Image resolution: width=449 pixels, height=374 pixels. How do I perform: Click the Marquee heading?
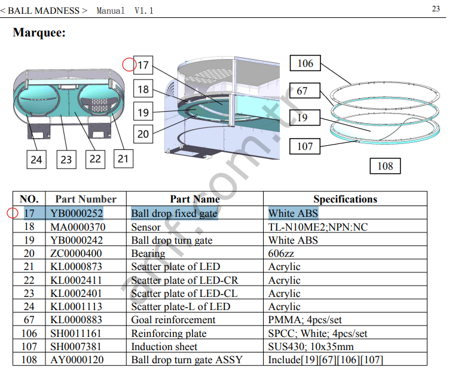point(39,33)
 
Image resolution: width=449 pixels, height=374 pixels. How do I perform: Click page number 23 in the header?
point(435,8)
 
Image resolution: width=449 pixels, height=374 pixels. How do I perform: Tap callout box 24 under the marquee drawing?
point(36,160)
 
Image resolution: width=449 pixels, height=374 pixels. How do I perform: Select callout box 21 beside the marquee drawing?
point(123,158)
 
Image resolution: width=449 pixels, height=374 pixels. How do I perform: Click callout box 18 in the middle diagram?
point(143,90)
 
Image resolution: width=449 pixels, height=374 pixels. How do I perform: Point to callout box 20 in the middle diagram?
point(143,134)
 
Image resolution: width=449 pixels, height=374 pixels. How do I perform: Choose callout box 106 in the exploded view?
point(305,64)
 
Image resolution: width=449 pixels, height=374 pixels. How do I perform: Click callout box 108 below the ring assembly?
point(385,165)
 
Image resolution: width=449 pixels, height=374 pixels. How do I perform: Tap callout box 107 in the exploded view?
point(305,146)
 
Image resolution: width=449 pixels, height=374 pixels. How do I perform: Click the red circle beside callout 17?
point(129,64)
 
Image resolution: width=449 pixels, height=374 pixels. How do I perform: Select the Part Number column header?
point(85,199)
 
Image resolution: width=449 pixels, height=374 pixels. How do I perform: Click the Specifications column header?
point(345,199)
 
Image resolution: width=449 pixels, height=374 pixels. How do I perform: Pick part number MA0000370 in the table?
point(77,227)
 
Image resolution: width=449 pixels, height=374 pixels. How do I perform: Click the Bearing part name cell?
point(148,253)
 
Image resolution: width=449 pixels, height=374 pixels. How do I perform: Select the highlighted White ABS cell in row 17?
point(293,213)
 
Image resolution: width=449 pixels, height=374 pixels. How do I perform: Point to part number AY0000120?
point(77,360)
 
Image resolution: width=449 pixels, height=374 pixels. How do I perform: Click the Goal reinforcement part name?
point(173,320)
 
